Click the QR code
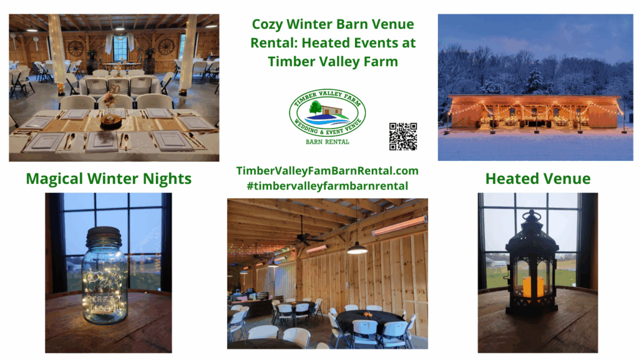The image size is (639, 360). pos(402,136)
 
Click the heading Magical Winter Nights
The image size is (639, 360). pos(109,179)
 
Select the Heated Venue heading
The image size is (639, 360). pos(537,179)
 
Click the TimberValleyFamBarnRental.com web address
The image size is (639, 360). pos(328,171)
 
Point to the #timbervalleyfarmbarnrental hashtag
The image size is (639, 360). pos(328,185)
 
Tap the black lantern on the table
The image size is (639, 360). pos(532,265)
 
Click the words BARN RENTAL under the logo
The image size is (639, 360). pos(328,142)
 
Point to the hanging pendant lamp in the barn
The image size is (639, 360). pos(357,249)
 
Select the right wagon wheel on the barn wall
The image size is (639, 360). pos(166,47)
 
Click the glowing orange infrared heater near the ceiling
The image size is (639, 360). pos(399,225)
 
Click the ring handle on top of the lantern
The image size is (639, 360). pos(532,216)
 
